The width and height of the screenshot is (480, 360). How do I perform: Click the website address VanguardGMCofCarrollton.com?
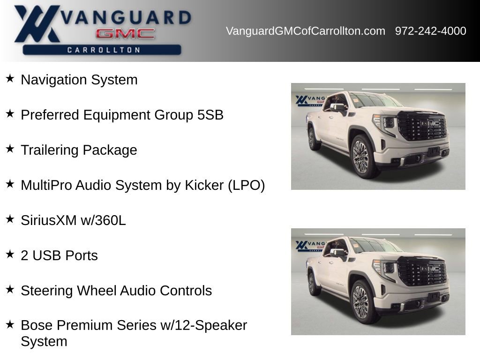point(305,31)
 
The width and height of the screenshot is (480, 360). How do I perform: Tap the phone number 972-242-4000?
point(430,31)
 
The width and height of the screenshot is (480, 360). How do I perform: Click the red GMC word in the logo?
point(125,34)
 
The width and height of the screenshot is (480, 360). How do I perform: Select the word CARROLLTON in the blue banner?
point(104,50)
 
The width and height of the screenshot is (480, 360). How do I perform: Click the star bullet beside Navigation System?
point(10,78)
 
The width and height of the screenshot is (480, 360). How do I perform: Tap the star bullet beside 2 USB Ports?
point(10,254)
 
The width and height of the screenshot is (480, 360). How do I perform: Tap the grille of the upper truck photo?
point(421,125)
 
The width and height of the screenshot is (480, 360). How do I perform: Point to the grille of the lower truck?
point(421,270)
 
